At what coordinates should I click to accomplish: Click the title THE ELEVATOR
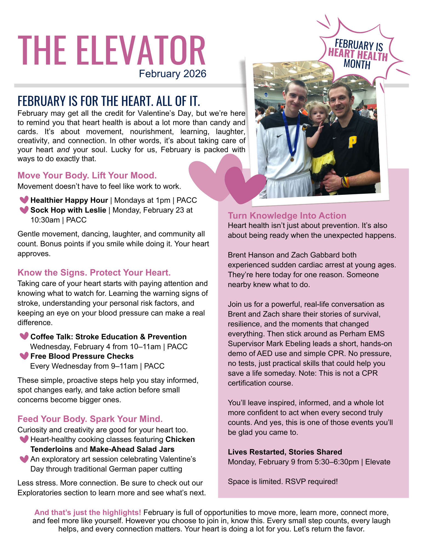(111, 51)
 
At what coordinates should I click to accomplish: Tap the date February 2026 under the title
(172, 74)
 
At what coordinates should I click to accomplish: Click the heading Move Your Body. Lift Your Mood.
(87, 175)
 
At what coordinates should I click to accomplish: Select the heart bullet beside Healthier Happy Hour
(24, 200)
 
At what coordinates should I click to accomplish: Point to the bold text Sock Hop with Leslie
(68, 210)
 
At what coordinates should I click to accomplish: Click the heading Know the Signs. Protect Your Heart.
(94, 273)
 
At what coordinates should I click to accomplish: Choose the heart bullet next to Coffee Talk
(24, 336)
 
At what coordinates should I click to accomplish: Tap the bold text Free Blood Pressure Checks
(82, 356)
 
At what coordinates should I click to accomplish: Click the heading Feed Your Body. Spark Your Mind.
(90, 419)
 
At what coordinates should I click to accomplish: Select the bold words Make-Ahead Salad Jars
(132, 449)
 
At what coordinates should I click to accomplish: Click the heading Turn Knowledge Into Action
(287, 216)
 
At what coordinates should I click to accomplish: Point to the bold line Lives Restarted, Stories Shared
(285, 452)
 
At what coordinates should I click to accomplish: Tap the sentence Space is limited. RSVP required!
(283, 482)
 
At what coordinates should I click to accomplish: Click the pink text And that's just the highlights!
(88, 513)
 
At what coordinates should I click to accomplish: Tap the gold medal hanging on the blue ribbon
(292, 159)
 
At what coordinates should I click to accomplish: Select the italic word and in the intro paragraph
(63, 150)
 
